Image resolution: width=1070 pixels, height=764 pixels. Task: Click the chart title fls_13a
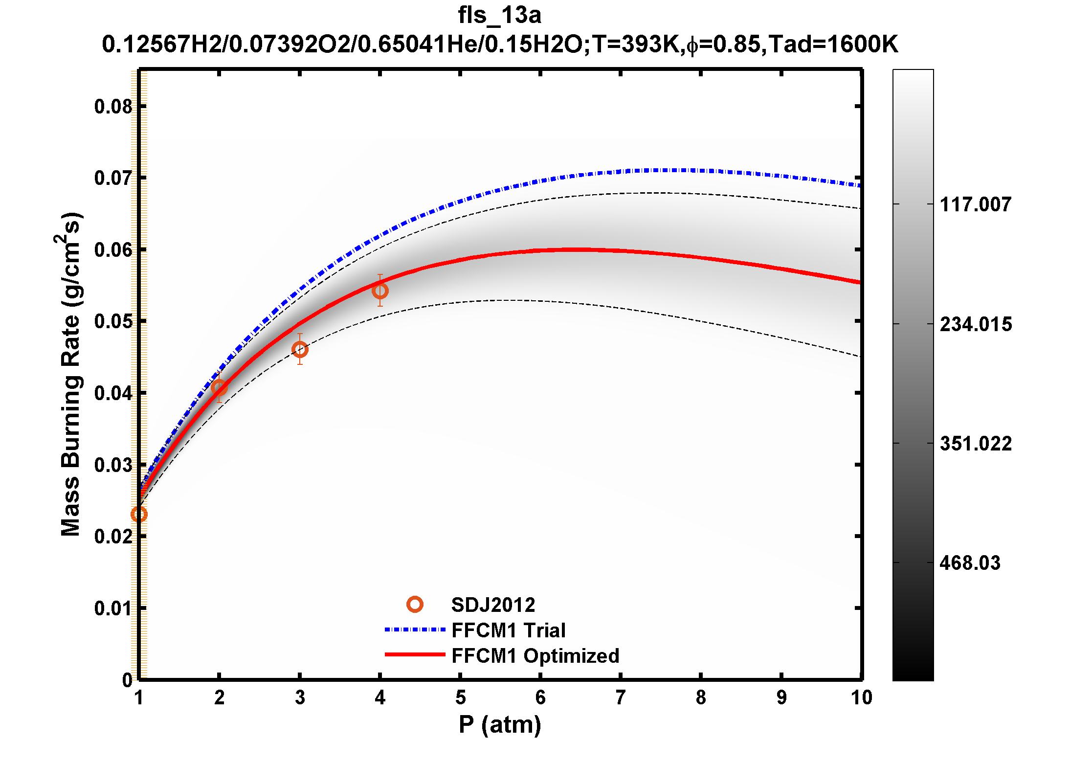pyautogui.click(x=499, y=15)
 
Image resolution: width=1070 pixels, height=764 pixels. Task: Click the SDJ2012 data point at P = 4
pyautogui.click(x=380, y=291)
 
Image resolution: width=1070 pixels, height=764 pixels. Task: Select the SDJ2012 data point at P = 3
pyautogui.click(x=300, y=349)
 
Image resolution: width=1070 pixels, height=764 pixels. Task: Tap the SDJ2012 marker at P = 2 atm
pyautogui.click(x=219, y=388)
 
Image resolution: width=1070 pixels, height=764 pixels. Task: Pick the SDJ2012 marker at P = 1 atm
pyautogui.click(x=139, y=514)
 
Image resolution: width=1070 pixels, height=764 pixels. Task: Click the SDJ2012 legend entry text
pyautogui.click(x=493, y=605)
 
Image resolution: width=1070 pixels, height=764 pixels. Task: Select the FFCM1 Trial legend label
pyautogui.click(x=508, y=630)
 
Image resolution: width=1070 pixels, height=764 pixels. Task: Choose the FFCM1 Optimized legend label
pyautogui.click(x=535, y=656)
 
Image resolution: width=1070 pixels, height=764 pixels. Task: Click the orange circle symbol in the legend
pyautogui.click(x=415, y=605)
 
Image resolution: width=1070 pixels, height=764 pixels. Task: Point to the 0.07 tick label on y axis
pyautogui.click(x=113, y=178)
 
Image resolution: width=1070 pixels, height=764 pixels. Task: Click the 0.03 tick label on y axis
pyautogui.click(x=113, y=465)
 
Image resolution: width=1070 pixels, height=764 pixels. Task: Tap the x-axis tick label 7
pyautogui.click(x=621, y=697)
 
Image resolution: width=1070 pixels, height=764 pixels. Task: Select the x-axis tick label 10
pyautogui.click(x=861, y=697)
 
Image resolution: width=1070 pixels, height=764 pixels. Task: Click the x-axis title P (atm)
pyautogui.click(x=499, y=724)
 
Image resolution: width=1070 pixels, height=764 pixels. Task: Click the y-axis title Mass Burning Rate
pyautogui.click(x=70, y=374)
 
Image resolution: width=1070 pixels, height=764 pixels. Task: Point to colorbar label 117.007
pyautogui.click(x=976, y=204)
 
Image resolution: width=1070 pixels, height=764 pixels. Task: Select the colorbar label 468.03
pyautogui.click(x=970, y=563)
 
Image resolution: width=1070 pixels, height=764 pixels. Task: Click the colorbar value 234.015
pyautogui.click(x=976, y=324)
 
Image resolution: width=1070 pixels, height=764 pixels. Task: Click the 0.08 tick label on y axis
pyautogui.click(x=113, y=107)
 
